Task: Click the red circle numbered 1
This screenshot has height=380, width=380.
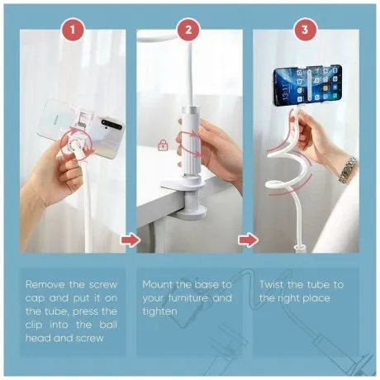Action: (73, 30)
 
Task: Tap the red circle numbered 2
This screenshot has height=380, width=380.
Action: (188, 30)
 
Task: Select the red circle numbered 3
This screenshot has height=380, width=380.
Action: (305, 30)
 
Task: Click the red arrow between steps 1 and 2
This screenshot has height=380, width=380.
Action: (131, 240)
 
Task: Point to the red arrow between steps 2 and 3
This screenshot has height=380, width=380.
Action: (248, 240)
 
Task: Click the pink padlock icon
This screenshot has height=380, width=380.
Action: (163, 145)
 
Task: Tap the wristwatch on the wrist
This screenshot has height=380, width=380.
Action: (348, 169)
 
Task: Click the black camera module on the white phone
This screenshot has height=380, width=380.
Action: (112, 124)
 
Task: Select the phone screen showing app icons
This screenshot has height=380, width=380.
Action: (308, 85)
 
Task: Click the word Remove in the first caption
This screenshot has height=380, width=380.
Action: (45, 284)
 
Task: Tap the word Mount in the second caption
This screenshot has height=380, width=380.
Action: (157, 284)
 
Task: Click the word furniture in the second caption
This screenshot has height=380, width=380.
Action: (188, 298)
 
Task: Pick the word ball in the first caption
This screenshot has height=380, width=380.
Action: (108, 325)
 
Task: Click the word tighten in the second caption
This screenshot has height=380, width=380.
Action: (159, 312)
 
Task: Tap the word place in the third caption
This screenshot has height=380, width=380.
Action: (316, 298)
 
